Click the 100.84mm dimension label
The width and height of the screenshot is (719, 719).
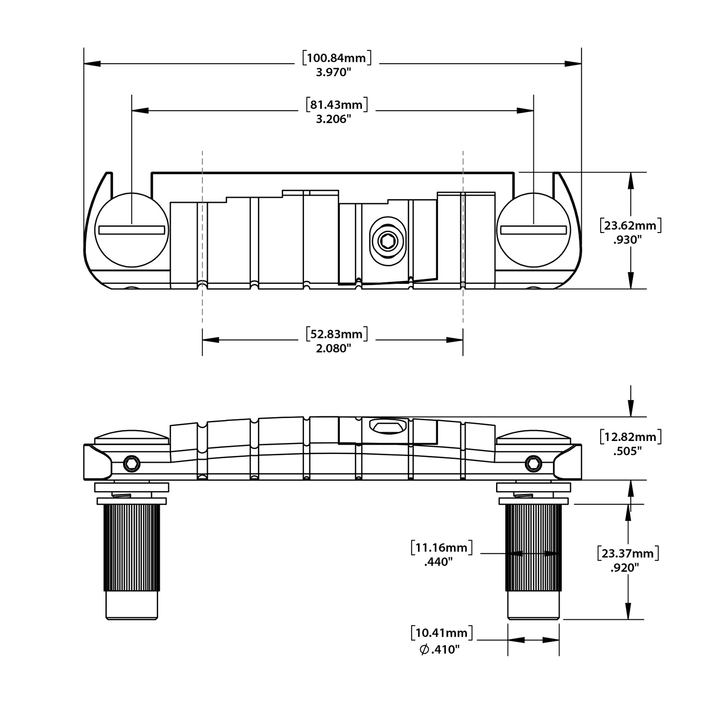click(x=337, y=58)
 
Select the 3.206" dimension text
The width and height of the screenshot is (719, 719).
click(x=334, y=119)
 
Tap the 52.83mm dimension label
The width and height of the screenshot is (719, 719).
click(x=337, y=334)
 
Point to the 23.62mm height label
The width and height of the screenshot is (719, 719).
click(x=631, y=225)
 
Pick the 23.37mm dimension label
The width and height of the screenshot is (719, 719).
click(x=628, y=554)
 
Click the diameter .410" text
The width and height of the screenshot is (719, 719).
click(x=440, y=650)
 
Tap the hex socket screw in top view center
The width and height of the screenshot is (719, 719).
click(x=387, y=242)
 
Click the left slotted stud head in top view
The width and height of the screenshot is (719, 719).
click(x=132, y=230)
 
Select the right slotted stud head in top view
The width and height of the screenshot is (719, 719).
click(x=533, y=230)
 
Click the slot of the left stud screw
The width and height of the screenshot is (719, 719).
click(x=132, y=230)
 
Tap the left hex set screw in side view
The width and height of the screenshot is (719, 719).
click(x=132, y=464)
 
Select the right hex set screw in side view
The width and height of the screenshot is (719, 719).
click(x=533, y=464)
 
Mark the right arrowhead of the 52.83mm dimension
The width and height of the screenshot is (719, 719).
click(x=455, y=340)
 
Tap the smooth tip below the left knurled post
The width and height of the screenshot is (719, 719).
click(x=131, y=605)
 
